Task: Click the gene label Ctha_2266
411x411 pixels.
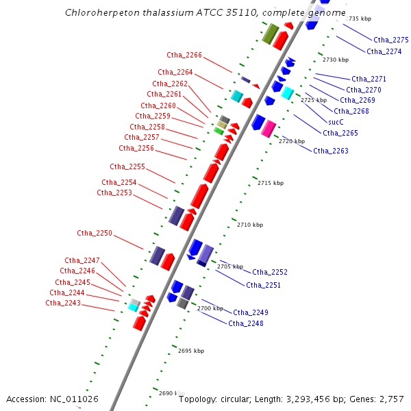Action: [184, 55]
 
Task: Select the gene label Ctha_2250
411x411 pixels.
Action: [95, 233]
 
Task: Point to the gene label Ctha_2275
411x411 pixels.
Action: [391, 40]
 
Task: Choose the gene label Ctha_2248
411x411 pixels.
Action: [246, 323]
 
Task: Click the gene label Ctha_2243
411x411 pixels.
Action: [63, 303]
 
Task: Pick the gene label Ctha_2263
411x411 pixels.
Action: [331, 151]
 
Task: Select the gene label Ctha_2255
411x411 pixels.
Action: [127, 166]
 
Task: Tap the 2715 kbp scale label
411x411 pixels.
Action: [270, 183]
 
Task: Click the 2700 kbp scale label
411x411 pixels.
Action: [210, 308]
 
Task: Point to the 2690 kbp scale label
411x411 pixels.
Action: [172, 393]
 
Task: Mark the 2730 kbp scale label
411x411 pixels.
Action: [336, 60]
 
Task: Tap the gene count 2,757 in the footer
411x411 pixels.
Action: [391, 399]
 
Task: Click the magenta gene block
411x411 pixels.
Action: [269, 128]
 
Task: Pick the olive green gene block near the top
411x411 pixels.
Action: [269, 33]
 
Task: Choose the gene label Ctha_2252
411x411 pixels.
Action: [270, 272]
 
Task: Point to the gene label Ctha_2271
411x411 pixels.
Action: [369, 79]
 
